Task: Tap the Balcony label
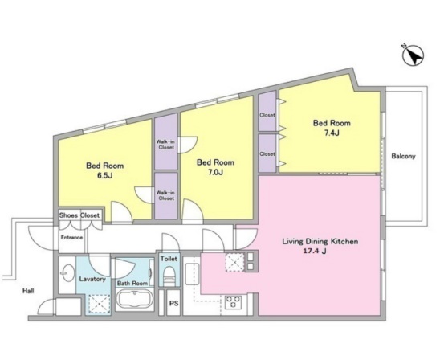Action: click(404, 156)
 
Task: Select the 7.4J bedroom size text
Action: click(332, 133)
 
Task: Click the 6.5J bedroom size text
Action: click(104, 176)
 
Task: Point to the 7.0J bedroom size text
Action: click(215, 172)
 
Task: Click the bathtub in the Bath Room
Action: click(135, 300)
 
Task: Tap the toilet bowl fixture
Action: click(169, 275)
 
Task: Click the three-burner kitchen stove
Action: click(234, 301)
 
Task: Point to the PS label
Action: click(173, 304)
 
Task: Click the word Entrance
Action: click(71, 238)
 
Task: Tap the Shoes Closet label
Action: click(79, 215)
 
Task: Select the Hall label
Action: click(28, 291)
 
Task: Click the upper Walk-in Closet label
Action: click(166, 145)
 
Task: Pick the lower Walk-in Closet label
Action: click(166, 195)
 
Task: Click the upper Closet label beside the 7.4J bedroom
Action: click(267, 115)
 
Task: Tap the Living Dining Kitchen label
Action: click(320, 242)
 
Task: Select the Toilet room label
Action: click(169, 259)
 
